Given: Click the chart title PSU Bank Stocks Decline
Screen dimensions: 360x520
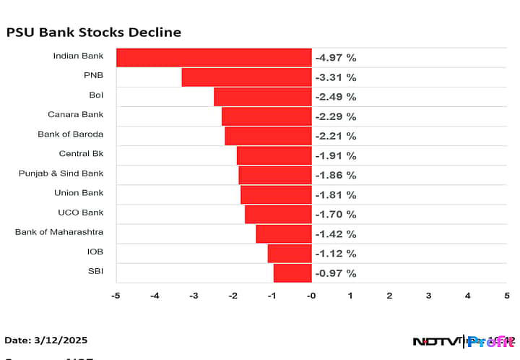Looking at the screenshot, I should [x=93, y=33].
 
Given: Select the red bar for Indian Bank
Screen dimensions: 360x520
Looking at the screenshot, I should [x=214, y=58].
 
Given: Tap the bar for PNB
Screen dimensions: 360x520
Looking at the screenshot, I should [x=246, y=77].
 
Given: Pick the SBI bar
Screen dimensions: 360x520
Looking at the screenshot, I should [x=292, y=273].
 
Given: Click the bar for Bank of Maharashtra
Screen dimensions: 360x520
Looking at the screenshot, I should [x=284, y=233].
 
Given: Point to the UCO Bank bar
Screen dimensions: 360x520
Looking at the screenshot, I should [x=278, y=214].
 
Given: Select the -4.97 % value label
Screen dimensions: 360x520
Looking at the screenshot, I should [x=336, y=58].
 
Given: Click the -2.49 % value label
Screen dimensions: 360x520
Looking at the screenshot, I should [x=336, y=97].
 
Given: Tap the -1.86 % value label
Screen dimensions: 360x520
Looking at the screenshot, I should [x=336, y=175].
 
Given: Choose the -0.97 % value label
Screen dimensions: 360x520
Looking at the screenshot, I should [x=336, y=273].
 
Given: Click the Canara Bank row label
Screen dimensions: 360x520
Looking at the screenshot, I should [x=76, y=114].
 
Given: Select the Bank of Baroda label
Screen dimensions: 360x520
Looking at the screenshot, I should [x=71, y=134].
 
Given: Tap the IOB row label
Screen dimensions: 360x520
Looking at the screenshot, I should [x=95, y=251].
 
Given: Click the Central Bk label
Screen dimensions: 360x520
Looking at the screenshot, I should [x=81, y=153].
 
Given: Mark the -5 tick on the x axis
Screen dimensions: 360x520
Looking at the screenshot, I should [x=116, y=296].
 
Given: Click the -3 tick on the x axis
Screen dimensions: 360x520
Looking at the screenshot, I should [x=194, y=296].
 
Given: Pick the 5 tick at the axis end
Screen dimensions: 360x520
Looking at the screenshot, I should [x=506, y=296].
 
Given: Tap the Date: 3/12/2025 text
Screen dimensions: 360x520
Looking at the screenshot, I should [x=46, y=340].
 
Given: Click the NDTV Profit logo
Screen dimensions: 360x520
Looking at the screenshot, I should [x=462, y=341].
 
